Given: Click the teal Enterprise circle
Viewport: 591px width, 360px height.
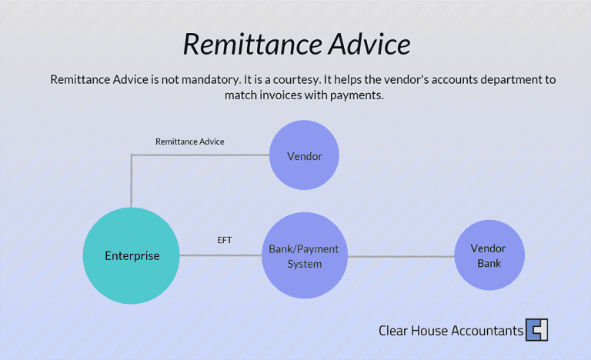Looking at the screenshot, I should (132, 255).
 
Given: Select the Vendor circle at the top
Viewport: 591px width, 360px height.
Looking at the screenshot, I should (304, 156).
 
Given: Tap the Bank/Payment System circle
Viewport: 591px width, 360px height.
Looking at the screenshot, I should (303, 256).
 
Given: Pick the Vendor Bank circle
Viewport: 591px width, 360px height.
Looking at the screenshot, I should (488, 256).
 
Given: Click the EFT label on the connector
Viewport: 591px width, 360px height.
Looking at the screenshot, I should (225, 241).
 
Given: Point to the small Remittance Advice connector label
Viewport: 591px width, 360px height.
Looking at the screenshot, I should (190, 142).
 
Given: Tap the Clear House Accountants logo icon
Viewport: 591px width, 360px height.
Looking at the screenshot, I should (536, 330).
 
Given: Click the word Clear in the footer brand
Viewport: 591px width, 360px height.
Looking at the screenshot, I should (392, 331).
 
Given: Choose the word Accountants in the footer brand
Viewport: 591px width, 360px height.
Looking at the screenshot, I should (485, 331).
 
